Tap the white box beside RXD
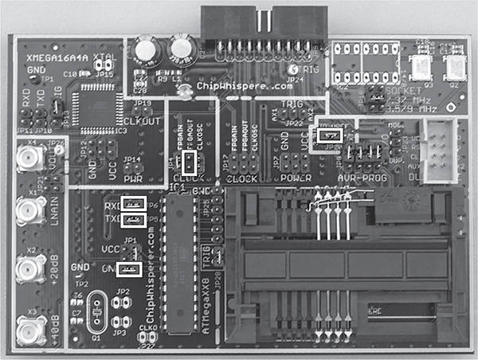point(132,202)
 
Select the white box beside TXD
point(132,219)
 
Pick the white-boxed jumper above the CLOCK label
point(189,164)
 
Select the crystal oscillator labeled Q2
point(456,68)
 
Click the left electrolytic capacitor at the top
point(146,49)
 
